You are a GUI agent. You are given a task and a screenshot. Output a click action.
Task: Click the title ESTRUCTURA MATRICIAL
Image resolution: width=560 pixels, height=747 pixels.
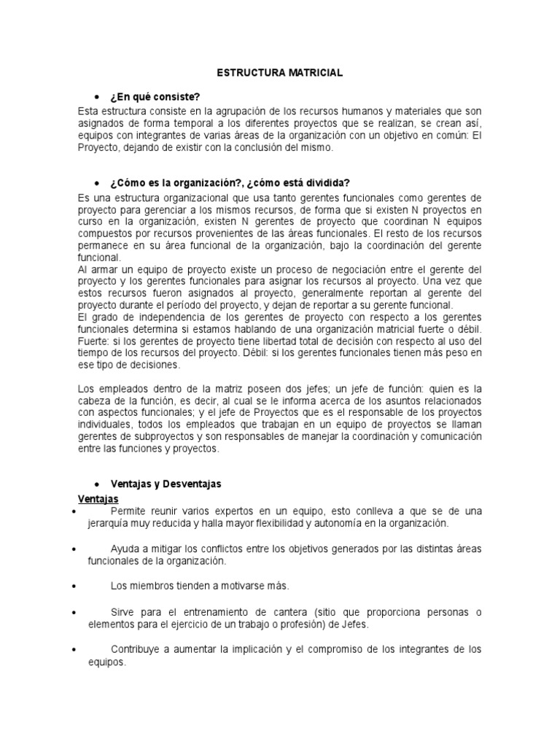click(x=280, y=74)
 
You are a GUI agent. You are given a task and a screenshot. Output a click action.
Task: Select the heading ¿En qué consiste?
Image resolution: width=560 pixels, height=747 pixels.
click(x=155, y=96)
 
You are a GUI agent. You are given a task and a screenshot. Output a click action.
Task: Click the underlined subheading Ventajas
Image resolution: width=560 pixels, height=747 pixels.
click(x=98, y=498)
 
